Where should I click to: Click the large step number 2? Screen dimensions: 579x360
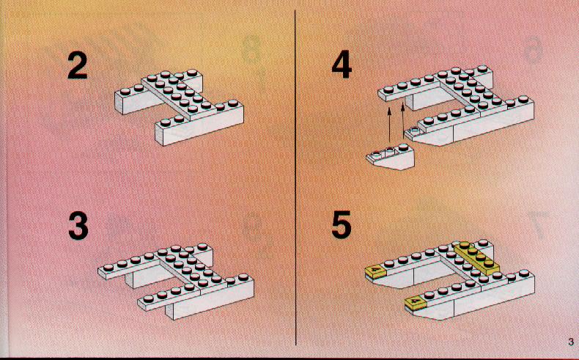point(78,65)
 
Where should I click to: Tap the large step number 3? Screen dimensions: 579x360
point(78,226)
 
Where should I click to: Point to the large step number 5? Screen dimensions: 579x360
point(342,225)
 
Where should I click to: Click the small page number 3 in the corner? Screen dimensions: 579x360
point(571,342)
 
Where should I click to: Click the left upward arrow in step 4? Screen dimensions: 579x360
point(389,125)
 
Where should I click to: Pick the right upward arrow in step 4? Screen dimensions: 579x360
point(402,121)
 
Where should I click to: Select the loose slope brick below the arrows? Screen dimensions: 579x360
point(391,157)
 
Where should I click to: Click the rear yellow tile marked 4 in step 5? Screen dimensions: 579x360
point(375,271)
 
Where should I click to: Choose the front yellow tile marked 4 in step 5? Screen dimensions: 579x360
point(416,302)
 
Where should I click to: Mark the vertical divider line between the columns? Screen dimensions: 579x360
point(295,177)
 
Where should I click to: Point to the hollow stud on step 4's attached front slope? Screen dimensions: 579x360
point(415,129)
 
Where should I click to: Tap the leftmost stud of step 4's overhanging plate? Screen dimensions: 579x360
point(388,89)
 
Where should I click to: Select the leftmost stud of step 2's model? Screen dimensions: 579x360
point(125,91)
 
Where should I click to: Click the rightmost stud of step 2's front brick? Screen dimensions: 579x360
point(233,103)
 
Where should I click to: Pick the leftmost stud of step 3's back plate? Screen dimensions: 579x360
point(108,267)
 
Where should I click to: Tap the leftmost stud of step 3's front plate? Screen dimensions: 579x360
point(148,298)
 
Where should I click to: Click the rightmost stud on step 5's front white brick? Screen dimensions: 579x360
point(523,273)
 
